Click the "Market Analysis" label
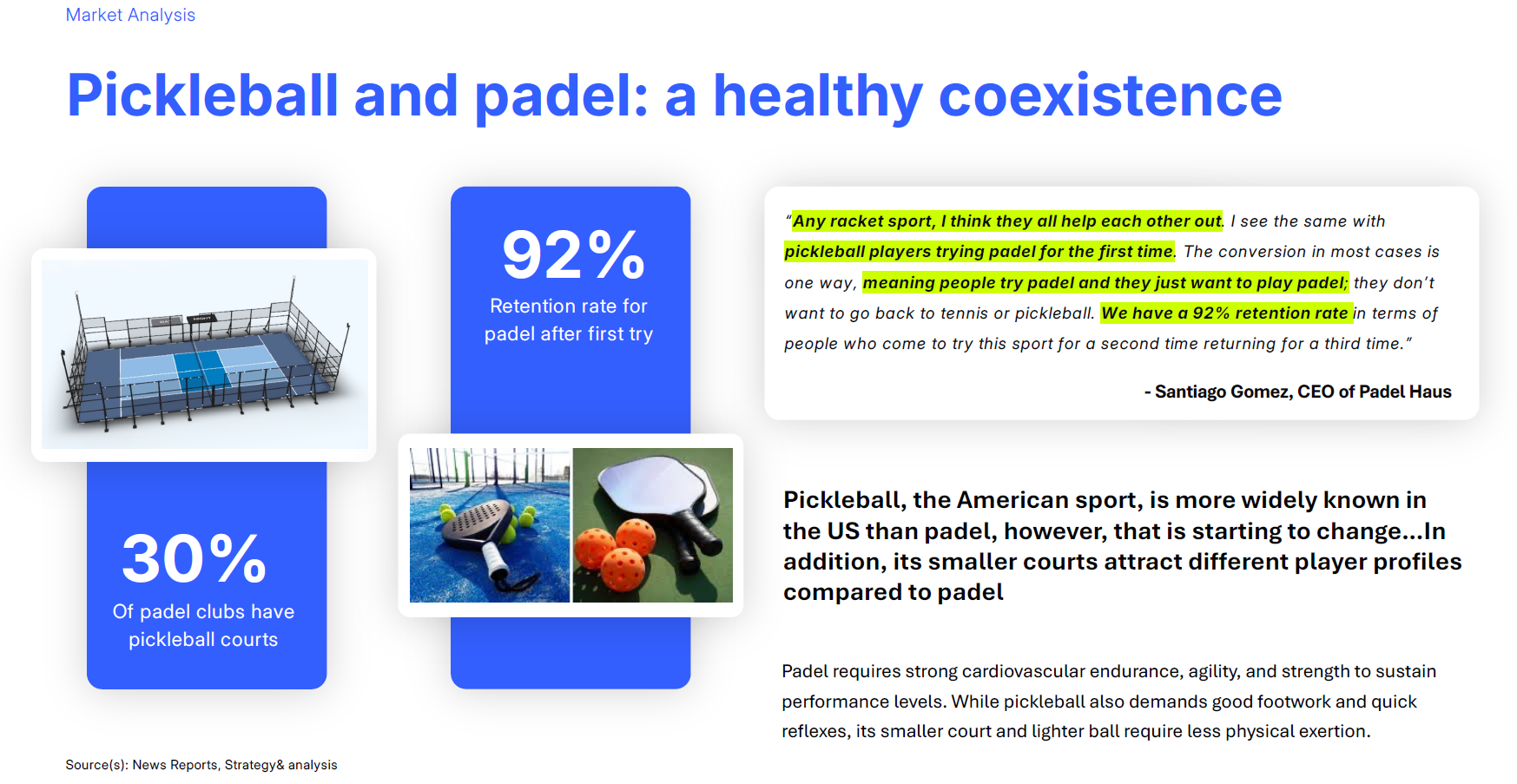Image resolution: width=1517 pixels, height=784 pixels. [x=130, y=15]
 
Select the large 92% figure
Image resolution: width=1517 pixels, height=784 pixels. [x=573, y=254]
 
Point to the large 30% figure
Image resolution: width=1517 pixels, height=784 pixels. [x=194, y=558]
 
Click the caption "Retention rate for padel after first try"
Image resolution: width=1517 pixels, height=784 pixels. [x=569, y=320]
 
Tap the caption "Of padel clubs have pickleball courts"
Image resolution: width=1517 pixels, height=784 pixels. [x=203, y=625]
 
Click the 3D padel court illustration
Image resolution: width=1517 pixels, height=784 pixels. [x=205, y=354]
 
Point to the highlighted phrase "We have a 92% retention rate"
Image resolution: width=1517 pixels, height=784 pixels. [x=1225, y=313]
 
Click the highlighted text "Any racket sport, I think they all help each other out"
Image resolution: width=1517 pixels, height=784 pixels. [x=1007, y=221]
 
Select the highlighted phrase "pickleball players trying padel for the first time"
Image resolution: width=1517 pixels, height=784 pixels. [x=979, y=251]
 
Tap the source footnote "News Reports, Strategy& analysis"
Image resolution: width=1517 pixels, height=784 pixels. [x=234, y=765]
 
